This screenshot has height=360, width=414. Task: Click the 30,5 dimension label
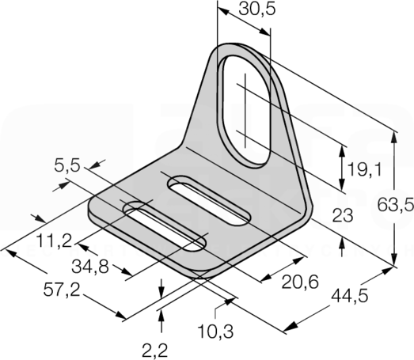257,9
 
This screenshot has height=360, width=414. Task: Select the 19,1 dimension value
364,169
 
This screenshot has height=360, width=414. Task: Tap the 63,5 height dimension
395,206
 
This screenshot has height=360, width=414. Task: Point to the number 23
343,215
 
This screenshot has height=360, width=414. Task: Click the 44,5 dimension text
350,296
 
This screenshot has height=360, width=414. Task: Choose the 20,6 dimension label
300,282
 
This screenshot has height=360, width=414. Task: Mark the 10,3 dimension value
216,332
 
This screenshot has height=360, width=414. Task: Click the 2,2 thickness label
154,351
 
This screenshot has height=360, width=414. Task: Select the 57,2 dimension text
62,290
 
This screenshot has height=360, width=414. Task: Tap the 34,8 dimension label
90,267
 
